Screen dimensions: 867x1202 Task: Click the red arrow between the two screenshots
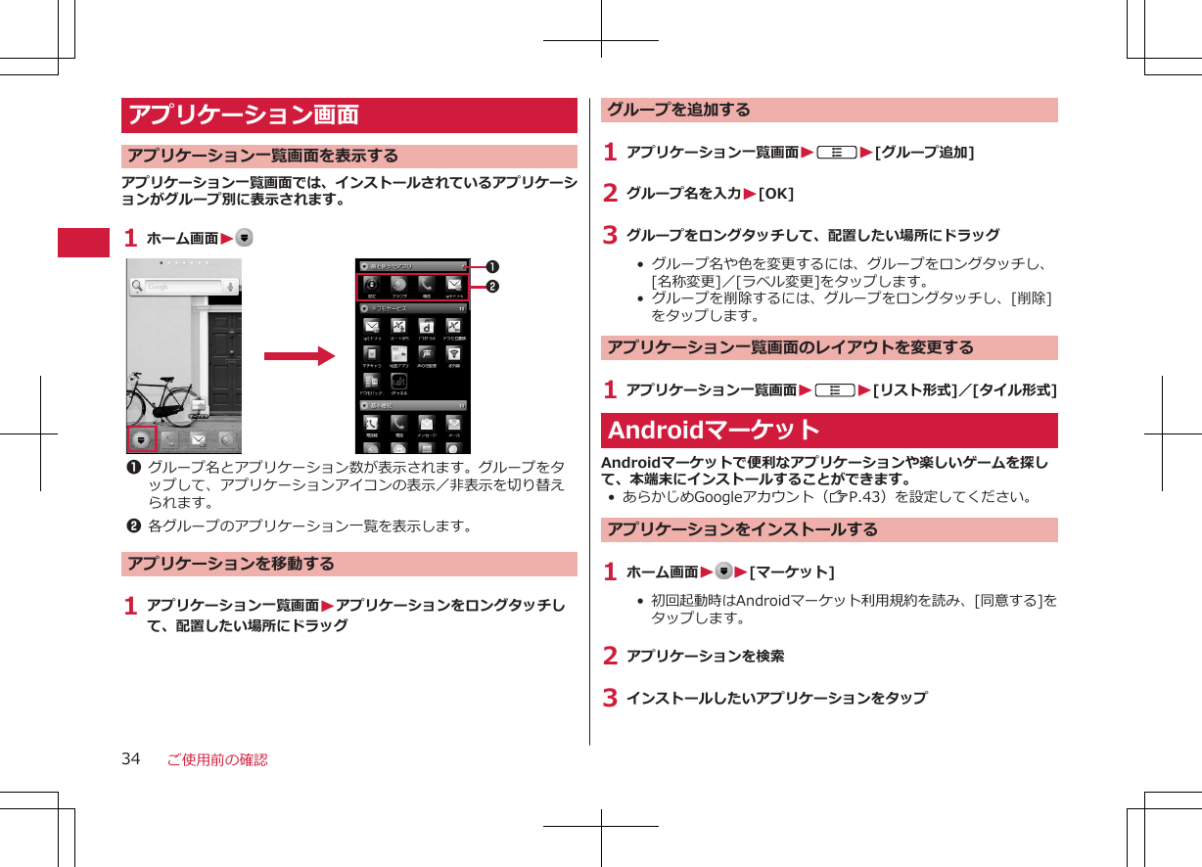pos(300,356)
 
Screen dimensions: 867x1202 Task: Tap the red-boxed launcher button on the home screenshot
pos(142,439)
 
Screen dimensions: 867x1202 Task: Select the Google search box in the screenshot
pos(182,287)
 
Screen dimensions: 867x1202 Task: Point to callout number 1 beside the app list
pos(484,266)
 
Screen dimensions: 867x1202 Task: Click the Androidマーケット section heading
pos(715,431)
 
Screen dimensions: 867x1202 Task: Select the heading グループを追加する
pos(679,110)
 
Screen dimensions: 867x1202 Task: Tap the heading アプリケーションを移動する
pos(231,564)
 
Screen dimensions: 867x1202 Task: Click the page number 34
pos(131,759)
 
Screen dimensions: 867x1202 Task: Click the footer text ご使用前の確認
pos(216,759)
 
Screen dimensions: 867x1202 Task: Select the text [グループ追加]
pos(924,152)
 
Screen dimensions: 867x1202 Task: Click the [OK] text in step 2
pos(776,193)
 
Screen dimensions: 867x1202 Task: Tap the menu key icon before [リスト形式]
pos(836,389)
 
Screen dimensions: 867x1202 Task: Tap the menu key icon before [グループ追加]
pos(838,152)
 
